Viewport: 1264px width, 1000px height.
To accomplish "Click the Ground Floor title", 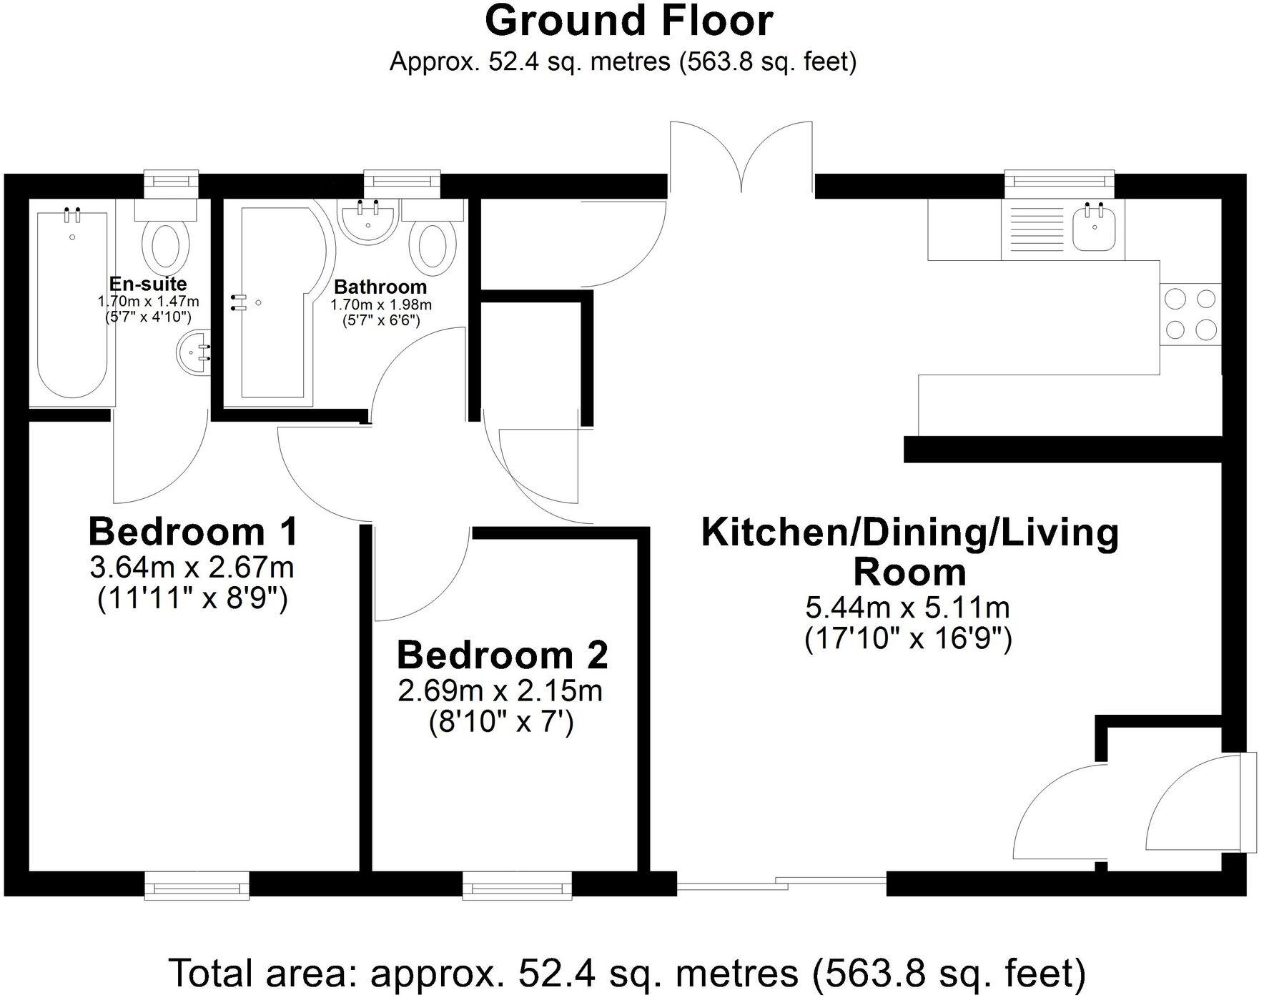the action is (x=628, y=21).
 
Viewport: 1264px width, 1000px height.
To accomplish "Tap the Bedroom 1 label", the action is (x=192, y=532).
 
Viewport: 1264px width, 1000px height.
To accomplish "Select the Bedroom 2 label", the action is (x=502, y=655).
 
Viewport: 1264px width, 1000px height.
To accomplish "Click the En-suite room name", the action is (x=148, y=283).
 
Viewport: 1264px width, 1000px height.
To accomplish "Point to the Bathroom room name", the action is (x=380, y=287).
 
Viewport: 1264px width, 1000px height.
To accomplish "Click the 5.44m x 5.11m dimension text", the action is (x=907, y=608).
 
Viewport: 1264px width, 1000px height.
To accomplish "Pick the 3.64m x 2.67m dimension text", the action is (x=192, y=568).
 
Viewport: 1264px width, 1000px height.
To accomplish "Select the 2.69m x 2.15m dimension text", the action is (x=500, y=691).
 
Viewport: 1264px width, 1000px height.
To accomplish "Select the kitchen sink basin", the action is (x=1093, y=227).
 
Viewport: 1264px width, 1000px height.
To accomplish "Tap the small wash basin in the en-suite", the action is (x=194, y=352).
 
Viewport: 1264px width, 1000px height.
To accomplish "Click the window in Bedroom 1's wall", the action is (x=197, y=886).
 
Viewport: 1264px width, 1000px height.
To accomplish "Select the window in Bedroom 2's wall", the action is (x=518, y=886).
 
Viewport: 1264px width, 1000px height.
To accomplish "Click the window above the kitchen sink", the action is (x=1060, y=184).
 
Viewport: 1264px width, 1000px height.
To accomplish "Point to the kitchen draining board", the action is (x=1036, y=228).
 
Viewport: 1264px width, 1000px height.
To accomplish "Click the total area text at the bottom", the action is (x=627, y=973).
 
